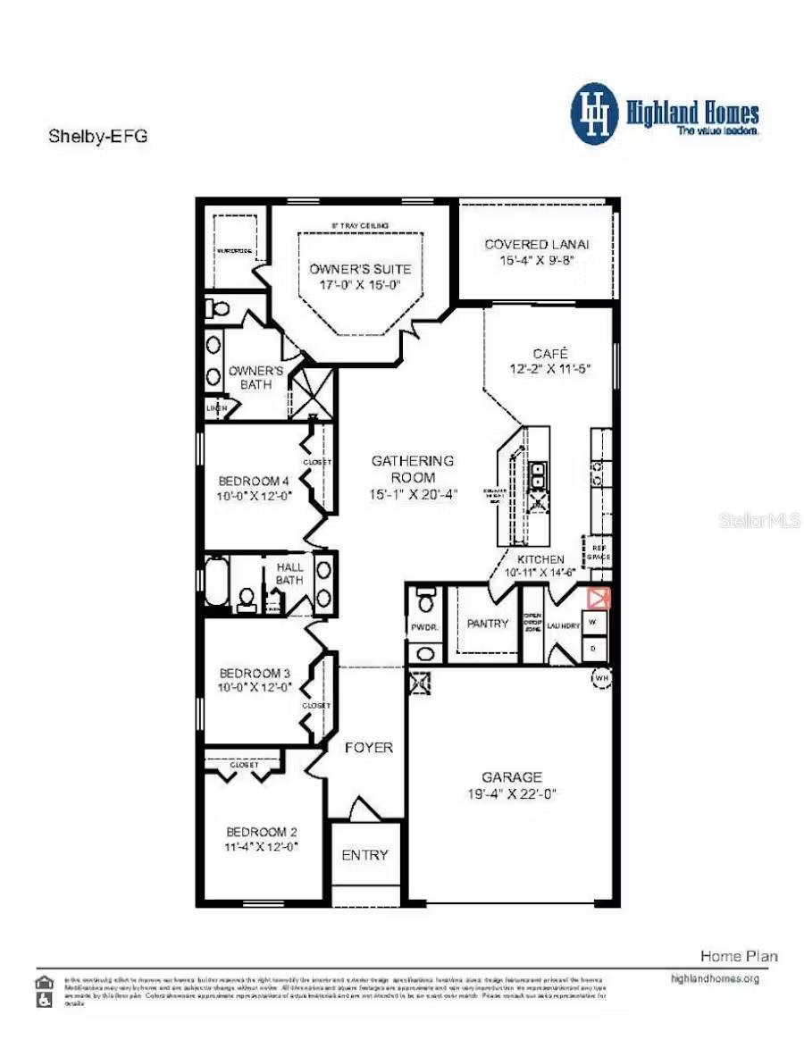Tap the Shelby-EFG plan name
[x=96, y=137]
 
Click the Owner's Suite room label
[x=360, y=269]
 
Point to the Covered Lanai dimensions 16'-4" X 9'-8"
[x=536, y=261]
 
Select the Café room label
[x=549, y=353]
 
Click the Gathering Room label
[x=413, y=461]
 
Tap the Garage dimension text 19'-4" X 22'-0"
[x=513, y=794]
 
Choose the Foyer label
[x=368, y=747]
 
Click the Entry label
[x=364, y=855]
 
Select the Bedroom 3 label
[x=255, y=672]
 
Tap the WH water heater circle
[x=600, y=677]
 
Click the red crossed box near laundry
[x=597, y=598]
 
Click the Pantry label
[x=488, y=624]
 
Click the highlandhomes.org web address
[x=714, y=978]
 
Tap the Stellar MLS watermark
[x=758, y=520]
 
